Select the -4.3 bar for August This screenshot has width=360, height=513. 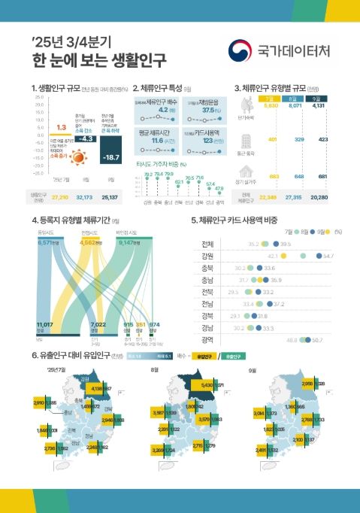point(86,138)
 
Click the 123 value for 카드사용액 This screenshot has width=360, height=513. point(203,141)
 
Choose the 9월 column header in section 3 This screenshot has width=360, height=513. point(319,98)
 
